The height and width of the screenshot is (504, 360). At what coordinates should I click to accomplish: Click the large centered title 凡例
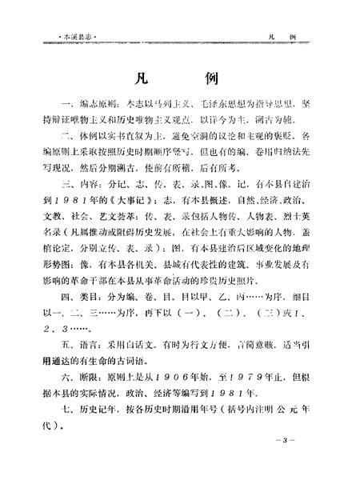tap(179, 82)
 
